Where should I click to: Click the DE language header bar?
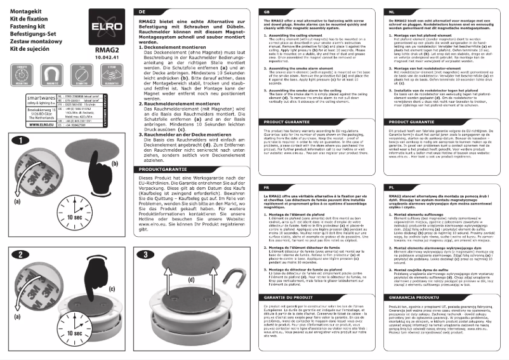pyautogui.click(x=194, y=12)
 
